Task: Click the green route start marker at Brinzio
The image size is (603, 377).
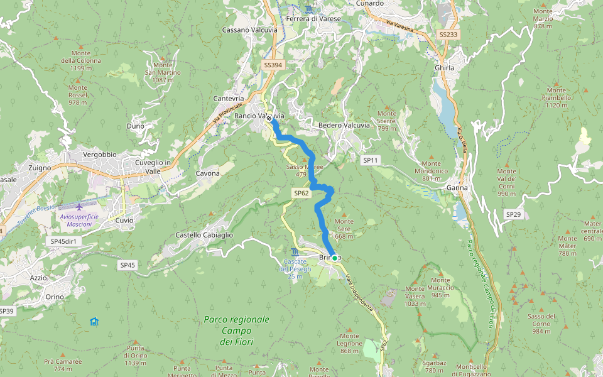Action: [335, 258]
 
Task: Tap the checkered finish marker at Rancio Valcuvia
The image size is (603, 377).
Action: [269, 117]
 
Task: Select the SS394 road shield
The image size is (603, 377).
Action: [273, 65]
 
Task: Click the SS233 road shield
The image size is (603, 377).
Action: [448, 35]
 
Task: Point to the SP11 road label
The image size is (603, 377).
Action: [371, 161]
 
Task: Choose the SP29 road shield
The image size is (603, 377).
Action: [513, 214]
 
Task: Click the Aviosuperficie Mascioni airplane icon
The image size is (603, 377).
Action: [79, 207]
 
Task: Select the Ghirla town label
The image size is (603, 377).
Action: [444, 68]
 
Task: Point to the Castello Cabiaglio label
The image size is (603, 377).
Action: [204, 235]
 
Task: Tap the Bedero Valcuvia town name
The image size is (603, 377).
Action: [344, 125]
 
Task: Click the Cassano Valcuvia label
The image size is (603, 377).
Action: [246, 30]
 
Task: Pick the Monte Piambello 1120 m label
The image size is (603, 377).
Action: [557, 98]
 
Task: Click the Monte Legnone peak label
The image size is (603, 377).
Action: [350, 343]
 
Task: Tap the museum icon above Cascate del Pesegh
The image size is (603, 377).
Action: [295, 252]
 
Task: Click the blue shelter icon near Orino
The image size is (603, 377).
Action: [94, 321]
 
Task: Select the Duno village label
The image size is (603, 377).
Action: [135, 126]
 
